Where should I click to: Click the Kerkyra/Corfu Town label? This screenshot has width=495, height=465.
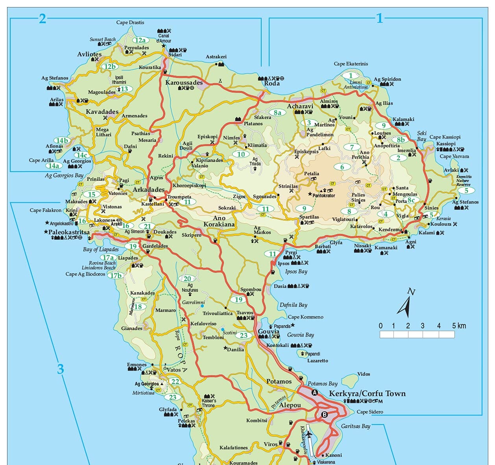pos(367,393)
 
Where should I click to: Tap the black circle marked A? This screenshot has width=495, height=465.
pos(314,393)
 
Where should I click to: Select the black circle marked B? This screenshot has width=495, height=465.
pos(324,414)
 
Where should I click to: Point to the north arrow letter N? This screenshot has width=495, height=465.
pos(411,292)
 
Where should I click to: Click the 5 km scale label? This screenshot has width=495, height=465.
pos(459,326)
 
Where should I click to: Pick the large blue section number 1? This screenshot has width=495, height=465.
pos(379,18)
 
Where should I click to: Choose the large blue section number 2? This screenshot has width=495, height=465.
pos(42,19)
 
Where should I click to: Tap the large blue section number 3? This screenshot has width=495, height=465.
pos(60,369)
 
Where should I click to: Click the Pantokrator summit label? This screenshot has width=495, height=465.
pos(324,195)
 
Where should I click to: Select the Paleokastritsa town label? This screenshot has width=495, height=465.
pos(69,232)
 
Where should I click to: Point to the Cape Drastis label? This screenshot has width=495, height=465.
pos(130,22)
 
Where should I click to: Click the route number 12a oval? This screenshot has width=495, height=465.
pos(140,40)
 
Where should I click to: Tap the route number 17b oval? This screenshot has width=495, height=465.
pos(116,275)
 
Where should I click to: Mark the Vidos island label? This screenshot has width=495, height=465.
pos(364,374)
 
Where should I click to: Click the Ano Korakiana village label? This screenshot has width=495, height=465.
pos(219,221)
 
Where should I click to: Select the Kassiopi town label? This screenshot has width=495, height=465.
pos(446,144)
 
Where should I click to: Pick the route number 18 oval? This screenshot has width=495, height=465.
pos(138,307)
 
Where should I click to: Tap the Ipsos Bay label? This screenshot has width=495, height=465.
pos(296,271)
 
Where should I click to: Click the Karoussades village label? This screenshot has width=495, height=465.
pos(184,83)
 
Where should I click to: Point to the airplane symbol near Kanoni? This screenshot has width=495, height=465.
pos(309,434)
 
